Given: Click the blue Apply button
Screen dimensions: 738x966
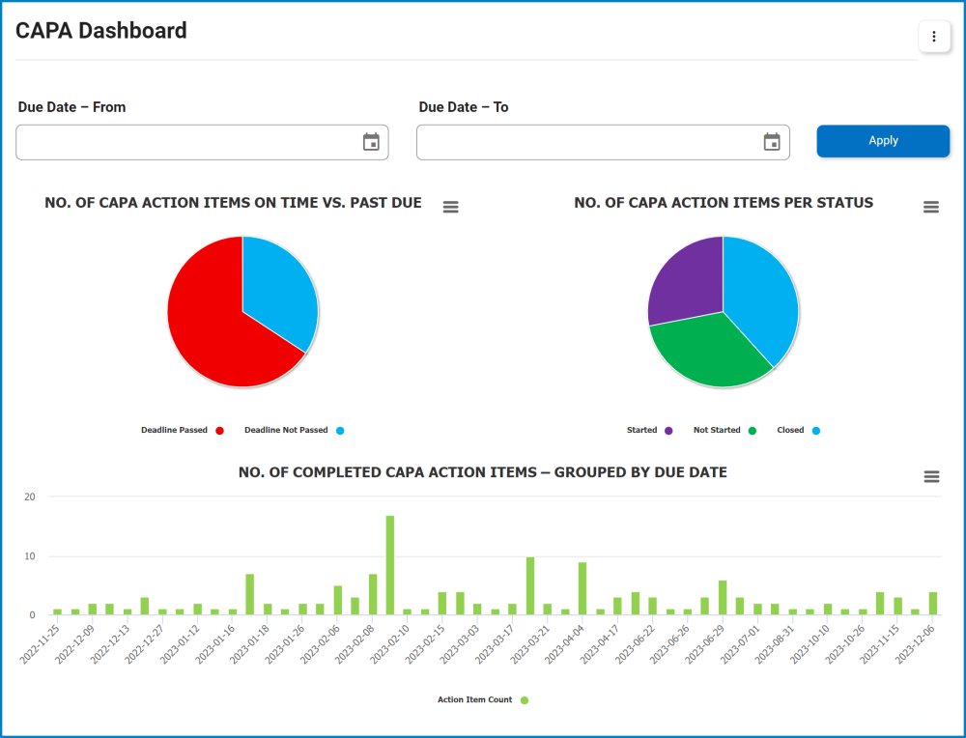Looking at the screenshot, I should (883, 141).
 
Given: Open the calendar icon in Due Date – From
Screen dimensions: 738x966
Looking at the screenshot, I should (371, 142).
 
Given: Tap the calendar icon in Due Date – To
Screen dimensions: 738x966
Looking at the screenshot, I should (772, 142).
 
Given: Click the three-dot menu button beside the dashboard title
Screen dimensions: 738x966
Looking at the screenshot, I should (934, 37).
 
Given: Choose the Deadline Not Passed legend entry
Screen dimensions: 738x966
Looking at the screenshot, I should (286, 430).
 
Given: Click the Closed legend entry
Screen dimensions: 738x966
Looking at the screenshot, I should (790, 430).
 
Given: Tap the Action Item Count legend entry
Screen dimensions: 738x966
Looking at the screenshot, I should (474, 699).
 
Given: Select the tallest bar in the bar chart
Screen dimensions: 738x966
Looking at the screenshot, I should (390, 565).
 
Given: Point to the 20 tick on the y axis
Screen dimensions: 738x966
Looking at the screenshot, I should (29, 497).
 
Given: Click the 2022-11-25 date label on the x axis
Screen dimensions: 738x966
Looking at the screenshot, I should (43, 643).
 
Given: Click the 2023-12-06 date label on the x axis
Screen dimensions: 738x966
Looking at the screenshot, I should (918, 643).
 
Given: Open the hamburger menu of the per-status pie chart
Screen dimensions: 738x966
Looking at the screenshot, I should (931, 207).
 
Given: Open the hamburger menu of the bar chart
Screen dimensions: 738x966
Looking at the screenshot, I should (931, 476).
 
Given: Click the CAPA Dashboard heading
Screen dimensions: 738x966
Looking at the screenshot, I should (101, 31).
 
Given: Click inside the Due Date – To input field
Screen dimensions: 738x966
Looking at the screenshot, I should (589, 142).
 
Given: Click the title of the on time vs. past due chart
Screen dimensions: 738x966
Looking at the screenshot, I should (233, 203).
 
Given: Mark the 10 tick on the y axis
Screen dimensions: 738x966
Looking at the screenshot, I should (29, 556).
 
